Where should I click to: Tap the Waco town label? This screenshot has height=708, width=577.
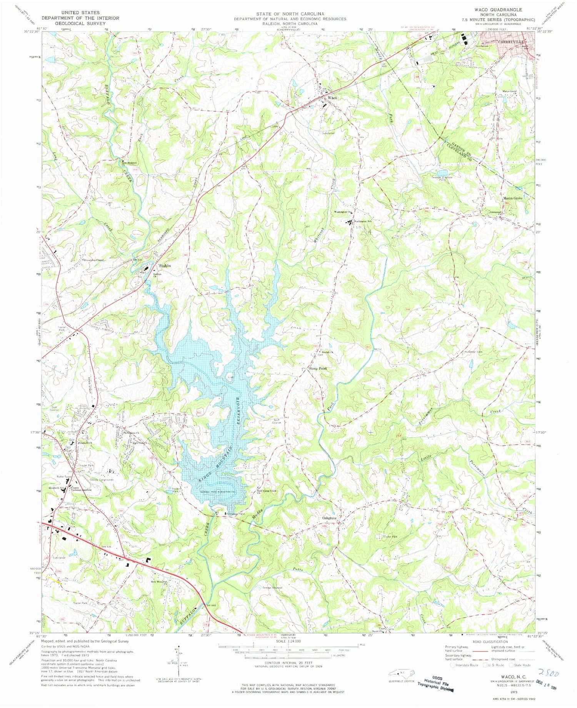[332, 98]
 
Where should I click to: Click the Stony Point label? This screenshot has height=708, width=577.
[317, 368]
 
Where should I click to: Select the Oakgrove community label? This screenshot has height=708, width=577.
[329, 518]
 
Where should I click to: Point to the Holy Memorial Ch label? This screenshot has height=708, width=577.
[159, 582]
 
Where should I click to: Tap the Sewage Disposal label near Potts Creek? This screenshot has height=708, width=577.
[272, 588]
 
